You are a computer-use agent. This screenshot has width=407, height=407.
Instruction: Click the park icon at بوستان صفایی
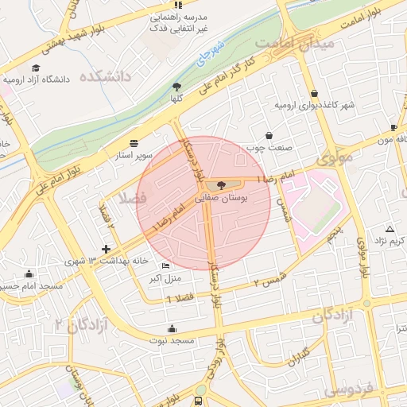221,185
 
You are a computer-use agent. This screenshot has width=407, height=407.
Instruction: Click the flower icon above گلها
176,86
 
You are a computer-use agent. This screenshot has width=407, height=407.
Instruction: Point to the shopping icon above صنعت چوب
269,134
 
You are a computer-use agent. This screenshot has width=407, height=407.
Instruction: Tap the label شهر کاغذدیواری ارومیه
313,105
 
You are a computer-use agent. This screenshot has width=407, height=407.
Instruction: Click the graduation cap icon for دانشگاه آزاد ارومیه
36,68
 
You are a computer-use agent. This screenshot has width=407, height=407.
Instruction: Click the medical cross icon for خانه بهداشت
107,250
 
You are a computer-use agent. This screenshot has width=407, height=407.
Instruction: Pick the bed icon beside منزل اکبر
165,266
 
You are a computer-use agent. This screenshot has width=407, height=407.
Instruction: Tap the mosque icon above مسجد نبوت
172,328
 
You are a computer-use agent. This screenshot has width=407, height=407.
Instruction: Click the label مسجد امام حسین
32,285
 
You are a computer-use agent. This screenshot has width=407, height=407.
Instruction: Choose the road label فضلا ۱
180,297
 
